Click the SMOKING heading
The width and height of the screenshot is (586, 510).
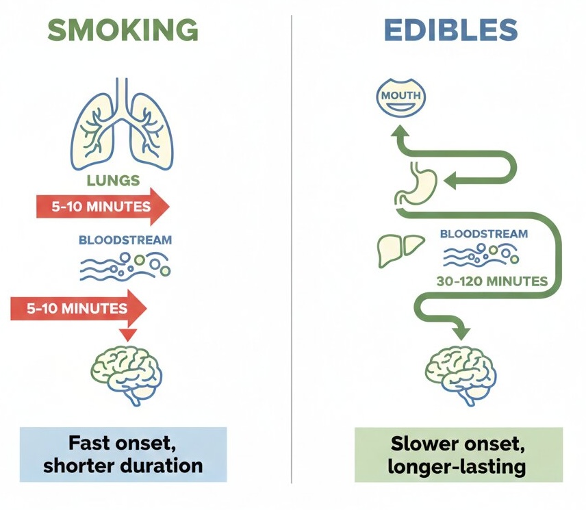point(123,30)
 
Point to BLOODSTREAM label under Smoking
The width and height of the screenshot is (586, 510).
point(125,240)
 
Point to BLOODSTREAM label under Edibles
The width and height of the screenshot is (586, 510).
point(484,234)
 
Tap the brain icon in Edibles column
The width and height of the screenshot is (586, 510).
point(461,372)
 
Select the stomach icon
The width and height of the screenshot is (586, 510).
point(414,181)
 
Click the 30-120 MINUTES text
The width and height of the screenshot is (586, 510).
point(492,281)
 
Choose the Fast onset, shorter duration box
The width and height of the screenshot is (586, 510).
point(123,455)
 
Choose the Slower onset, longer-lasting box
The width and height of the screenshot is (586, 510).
point(458,455)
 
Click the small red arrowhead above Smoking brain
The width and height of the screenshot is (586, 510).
point(127,335)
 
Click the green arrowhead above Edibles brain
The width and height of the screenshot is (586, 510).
point(461,331)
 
